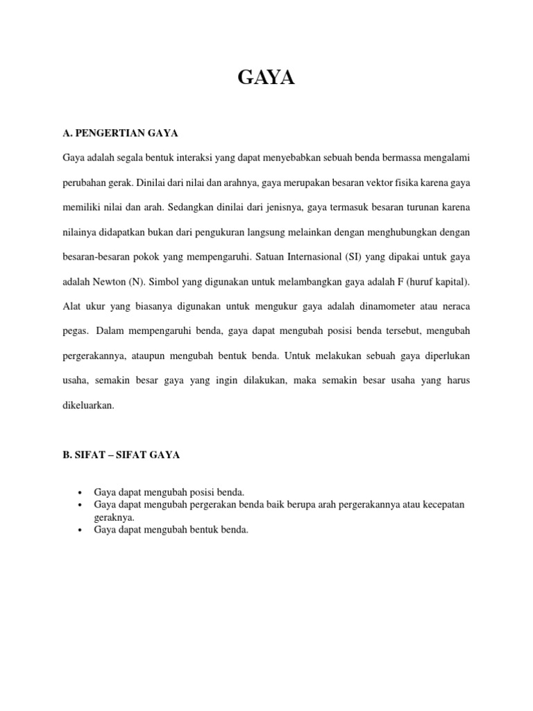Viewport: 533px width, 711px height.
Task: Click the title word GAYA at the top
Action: (266, 78)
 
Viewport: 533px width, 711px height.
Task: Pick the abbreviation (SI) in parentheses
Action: (353, 257)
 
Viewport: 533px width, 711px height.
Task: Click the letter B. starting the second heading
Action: (67, 455)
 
